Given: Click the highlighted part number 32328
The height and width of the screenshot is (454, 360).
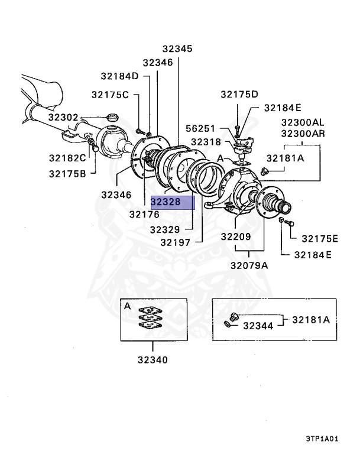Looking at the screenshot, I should [x=165, y=203].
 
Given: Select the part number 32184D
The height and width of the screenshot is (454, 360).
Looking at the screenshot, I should [x=119, y=76].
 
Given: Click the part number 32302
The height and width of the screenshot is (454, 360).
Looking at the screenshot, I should [x=63, y=118].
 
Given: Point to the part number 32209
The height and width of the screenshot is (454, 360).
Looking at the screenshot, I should [x=236, y=236].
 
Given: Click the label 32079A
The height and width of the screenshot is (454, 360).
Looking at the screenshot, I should [x=249, y=265].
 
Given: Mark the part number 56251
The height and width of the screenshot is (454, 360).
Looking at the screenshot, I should [x=201, y=128].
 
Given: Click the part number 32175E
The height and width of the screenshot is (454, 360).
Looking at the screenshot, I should [x=320, y=239].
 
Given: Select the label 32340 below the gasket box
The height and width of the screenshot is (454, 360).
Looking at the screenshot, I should [x=153, y=359].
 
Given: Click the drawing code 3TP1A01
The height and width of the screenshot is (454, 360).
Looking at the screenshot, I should [x=322, y=439].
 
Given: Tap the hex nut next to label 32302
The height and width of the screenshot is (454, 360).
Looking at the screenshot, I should [x=109, y=117].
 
